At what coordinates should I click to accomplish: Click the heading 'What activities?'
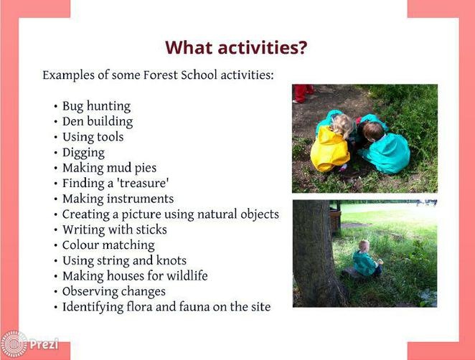pos(236,47)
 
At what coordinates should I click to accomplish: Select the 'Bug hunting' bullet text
pos(97,106)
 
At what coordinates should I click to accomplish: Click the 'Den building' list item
pos(98,121)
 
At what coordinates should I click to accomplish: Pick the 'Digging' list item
pos(83,153)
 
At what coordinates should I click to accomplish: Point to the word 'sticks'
pos(151,229)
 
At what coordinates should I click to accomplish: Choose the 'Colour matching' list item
pos(108,245)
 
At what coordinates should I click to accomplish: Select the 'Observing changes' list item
pos(114,292)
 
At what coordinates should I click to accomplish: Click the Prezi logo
pos(29,344)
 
